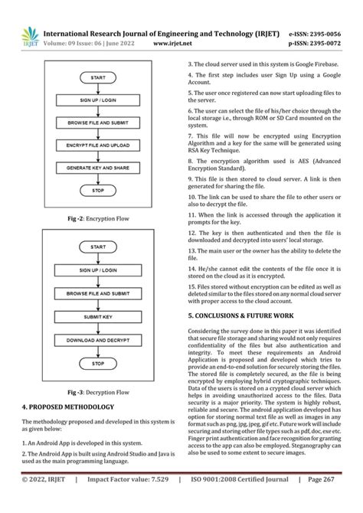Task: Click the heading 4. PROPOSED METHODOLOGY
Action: pyautogui.click(x=68, y=407)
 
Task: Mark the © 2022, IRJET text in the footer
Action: pyautogui.click(x=43, y=501)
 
